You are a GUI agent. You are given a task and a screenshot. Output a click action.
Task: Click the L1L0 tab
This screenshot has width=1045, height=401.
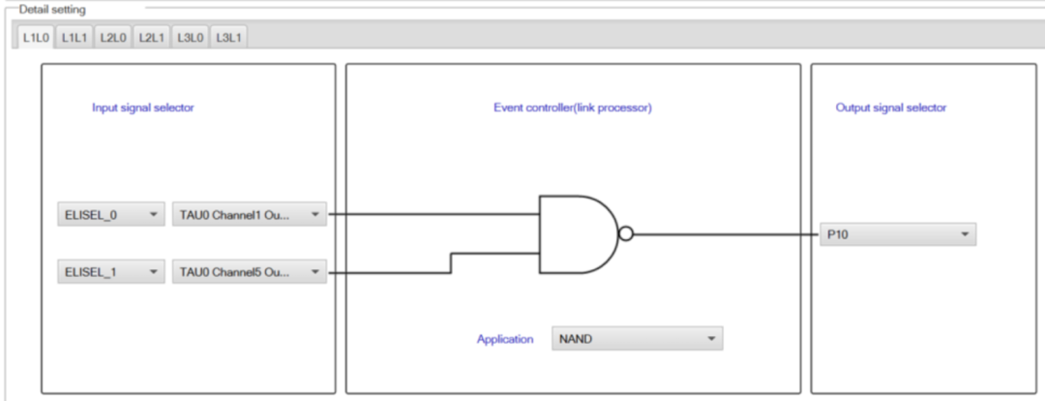coord(36,38)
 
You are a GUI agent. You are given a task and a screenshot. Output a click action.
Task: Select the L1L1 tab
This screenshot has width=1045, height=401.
coord(75,38)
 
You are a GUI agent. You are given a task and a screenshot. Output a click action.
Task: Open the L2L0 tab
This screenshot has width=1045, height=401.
coord(113,38)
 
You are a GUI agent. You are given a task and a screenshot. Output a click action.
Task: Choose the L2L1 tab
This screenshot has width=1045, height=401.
coord(152,38)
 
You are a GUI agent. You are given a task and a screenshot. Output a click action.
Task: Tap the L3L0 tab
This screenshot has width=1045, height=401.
coord(191,38)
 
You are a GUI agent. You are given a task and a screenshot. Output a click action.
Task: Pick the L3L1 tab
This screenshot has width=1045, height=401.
coord(229,38)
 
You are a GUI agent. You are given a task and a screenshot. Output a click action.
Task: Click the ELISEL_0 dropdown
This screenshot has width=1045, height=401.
coord(111,215)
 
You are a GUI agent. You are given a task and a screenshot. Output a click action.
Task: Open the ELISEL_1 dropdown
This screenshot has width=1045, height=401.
coord(111,271)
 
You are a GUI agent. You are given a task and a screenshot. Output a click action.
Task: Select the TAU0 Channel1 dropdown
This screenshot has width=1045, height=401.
coord(250,215)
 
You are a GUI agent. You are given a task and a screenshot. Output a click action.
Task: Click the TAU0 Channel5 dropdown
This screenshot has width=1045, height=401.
coord(250,271)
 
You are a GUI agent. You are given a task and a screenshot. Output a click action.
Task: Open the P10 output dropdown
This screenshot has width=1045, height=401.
coord(898,234)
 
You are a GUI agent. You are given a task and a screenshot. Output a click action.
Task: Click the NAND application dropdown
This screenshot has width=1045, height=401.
coord(637,338)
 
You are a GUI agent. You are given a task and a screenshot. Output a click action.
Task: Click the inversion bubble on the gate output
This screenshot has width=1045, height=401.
coord(626,234)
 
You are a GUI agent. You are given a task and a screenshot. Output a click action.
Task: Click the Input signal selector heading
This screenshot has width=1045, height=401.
coord(142,108)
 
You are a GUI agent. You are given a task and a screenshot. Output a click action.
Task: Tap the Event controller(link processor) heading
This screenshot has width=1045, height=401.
coord(573,108)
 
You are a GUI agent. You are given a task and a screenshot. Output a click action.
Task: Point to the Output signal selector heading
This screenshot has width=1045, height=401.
coord(891,108)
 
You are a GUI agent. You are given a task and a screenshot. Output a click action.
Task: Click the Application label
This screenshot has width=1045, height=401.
coord(505,339)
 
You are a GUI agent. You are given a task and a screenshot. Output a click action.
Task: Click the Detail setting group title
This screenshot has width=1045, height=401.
coord(52,10)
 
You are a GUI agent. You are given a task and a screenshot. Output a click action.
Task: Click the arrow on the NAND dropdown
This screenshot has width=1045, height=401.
coord(711,338)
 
